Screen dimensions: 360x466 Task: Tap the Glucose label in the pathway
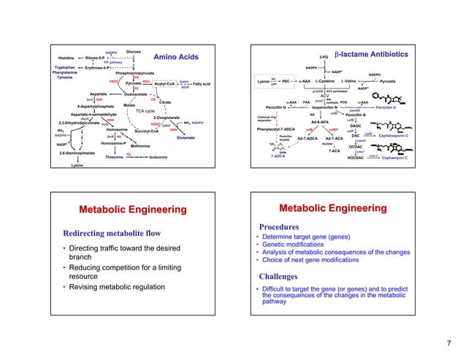(134, 52)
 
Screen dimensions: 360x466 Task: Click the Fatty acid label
(202, 84)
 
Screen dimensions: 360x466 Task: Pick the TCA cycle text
(146, 110)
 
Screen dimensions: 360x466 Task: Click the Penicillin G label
(279, 107)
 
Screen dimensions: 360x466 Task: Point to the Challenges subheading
(280, 277)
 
